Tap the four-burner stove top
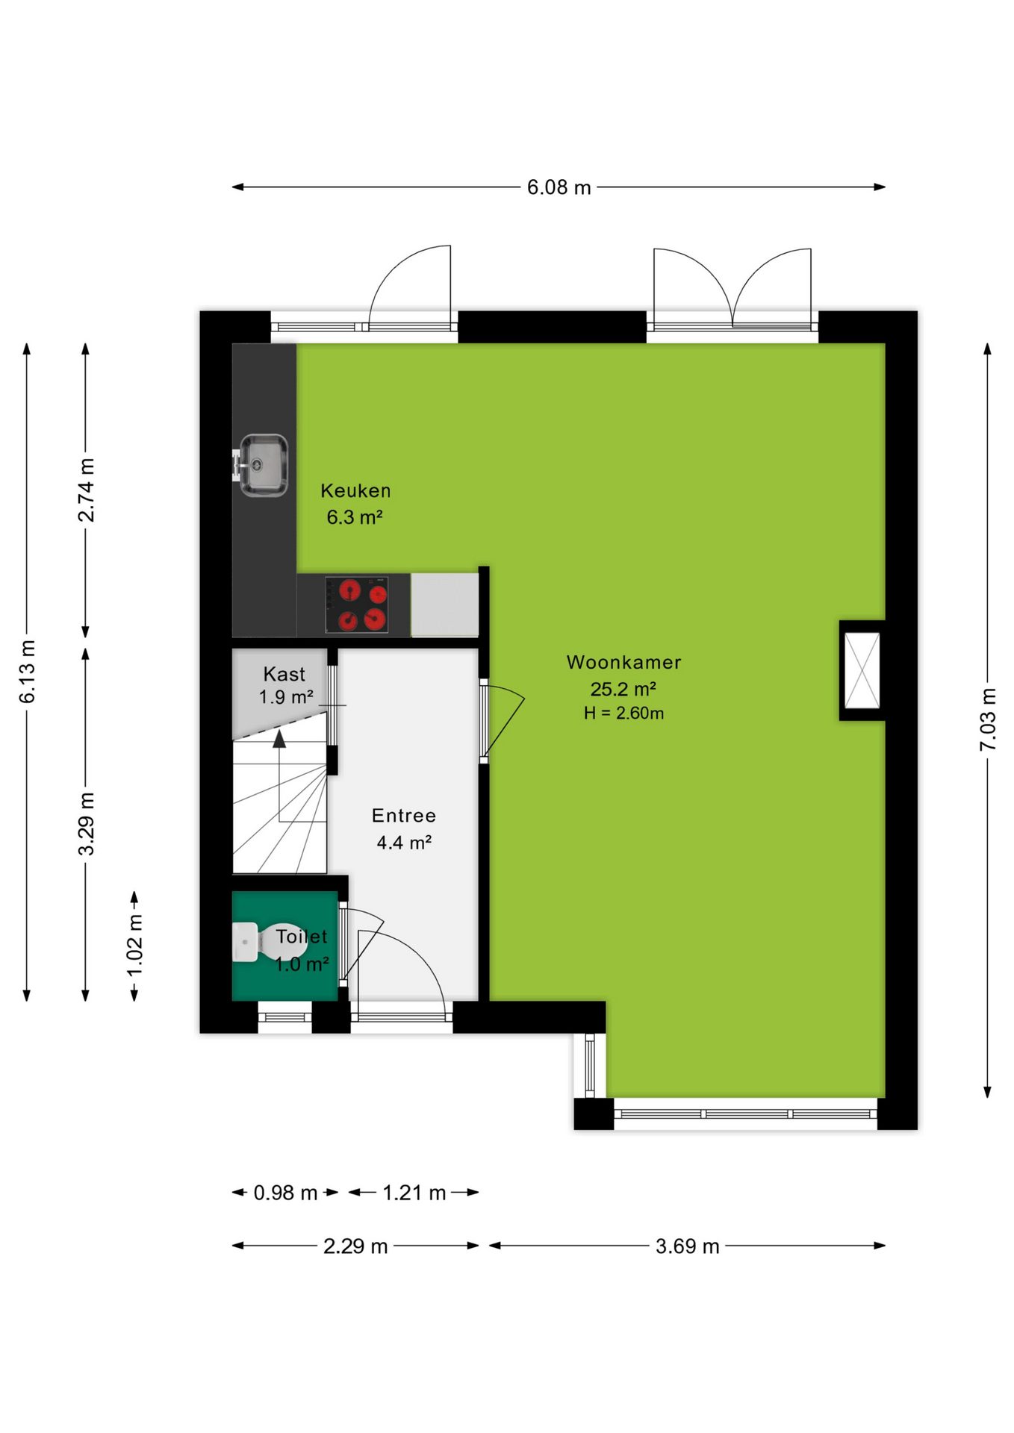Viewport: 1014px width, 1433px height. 357,605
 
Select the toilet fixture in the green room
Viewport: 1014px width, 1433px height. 258,942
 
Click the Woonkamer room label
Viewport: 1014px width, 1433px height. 623,662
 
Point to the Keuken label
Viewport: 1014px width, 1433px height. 355,490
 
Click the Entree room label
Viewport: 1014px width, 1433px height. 404,816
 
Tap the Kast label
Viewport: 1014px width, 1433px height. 284,674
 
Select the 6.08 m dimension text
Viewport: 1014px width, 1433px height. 559,187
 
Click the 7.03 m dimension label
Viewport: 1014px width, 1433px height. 988,720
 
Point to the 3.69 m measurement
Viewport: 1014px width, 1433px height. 688,1246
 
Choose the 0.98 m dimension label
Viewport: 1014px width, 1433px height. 285,1193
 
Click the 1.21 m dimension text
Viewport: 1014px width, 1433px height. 414,1193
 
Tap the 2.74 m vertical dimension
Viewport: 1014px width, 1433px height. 87,490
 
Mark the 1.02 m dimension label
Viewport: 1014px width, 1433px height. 134,945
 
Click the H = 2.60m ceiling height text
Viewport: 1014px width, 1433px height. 623,713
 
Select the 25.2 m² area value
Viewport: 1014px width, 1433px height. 623,688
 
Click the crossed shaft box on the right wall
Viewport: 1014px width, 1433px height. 862,670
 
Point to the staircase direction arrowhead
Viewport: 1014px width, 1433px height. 279,739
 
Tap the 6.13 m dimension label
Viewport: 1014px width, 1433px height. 28,672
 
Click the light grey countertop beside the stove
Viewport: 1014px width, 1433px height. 445,605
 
